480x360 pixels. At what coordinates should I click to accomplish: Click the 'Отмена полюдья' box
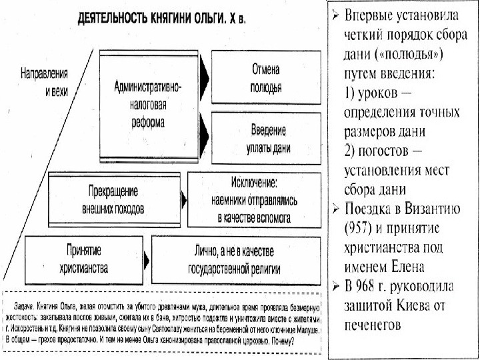pyautogui.click(x=265, y=77)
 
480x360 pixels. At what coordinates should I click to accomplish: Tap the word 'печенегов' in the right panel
pyautogui.click(x=373, y=325)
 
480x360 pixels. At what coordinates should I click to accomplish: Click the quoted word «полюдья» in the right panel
pyautogui.click(x=410, y=52)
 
